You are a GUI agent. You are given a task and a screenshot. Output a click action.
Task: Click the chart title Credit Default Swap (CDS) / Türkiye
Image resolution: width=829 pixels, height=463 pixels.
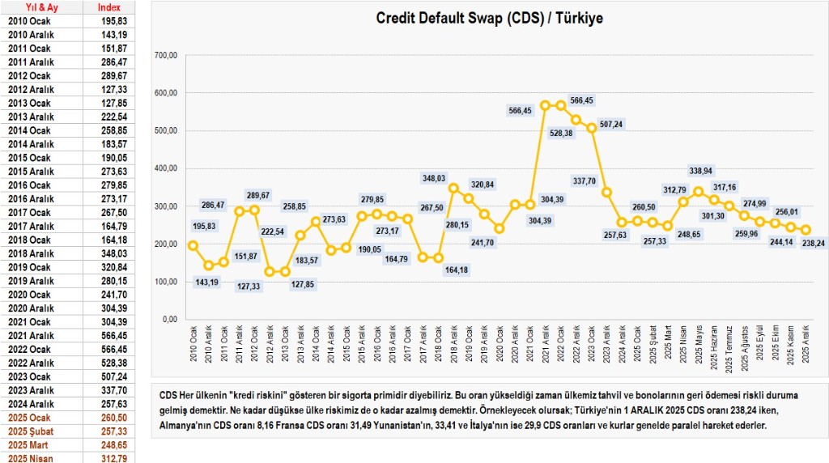[489, 17]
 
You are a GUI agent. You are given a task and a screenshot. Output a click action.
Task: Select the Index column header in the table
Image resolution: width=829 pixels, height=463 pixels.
[108, 7]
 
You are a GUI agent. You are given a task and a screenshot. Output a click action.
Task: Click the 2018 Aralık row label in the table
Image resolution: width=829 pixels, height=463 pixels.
[31, 254]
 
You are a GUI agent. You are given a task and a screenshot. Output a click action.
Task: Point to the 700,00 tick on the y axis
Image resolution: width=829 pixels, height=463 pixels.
[165, 55]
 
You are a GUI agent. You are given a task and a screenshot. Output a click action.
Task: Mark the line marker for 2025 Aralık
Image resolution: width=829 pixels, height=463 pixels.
[806, 230]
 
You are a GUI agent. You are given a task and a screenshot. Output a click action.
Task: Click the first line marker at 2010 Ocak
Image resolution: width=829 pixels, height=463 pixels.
[193, 245]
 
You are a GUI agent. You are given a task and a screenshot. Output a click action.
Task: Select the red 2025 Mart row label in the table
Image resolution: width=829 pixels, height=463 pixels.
[30, 444]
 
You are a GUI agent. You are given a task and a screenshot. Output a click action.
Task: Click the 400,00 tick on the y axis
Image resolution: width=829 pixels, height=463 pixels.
[165, 168]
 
